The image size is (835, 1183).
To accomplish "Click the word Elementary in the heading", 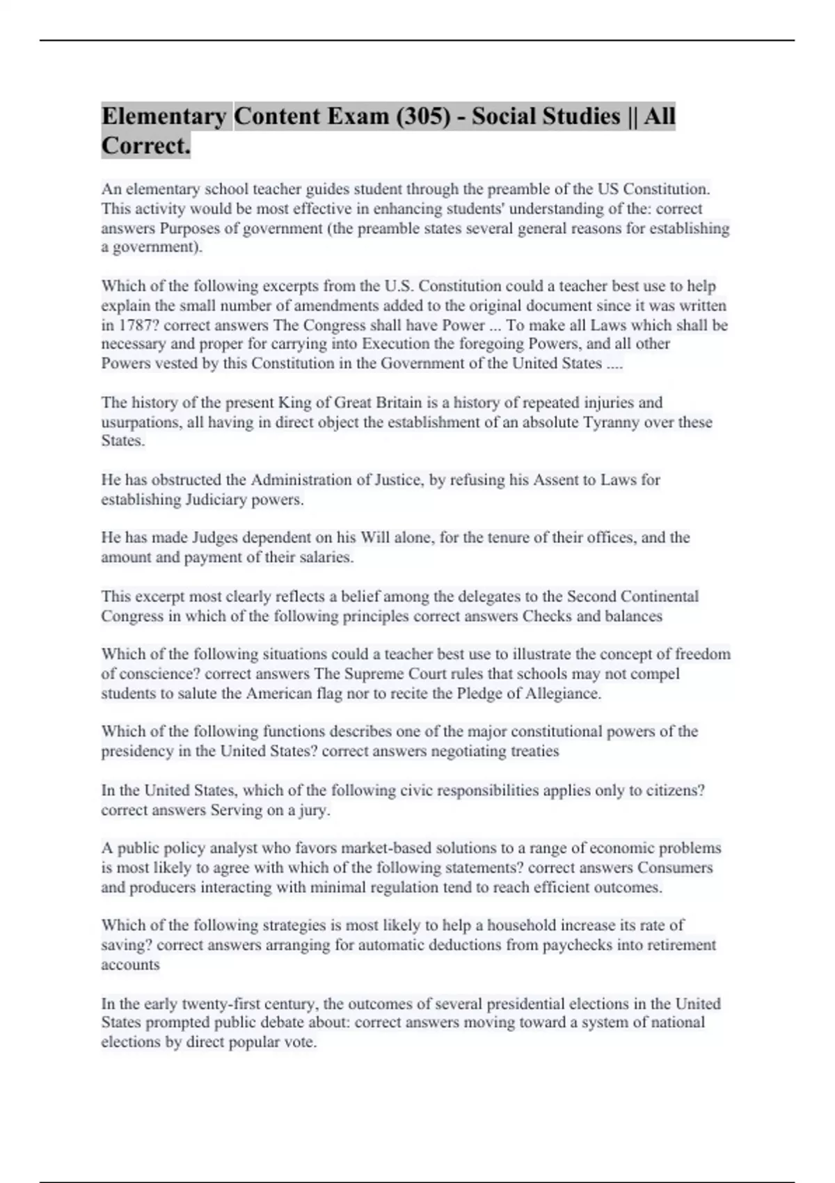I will coord(164,116).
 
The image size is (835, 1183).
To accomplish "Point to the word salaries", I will coord(326,557).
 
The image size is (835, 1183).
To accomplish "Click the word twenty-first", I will coord(225,1003).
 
